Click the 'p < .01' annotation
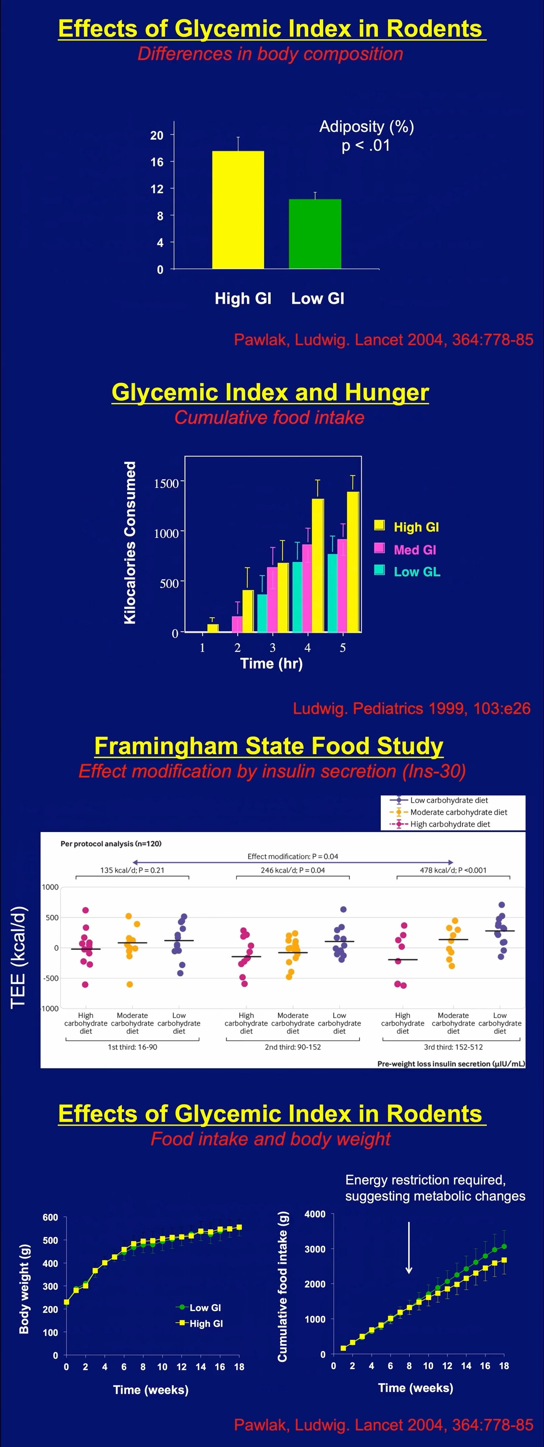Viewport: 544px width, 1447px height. pos(366,145)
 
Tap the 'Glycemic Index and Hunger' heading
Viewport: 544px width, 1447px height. pos(270,392)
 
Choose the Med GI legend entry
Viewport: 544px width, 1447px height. pos(414,549)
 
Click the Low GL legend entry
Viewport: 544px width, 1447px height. pos(416,572)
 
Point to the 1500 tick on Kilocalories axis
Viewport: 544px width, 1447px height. pos(166,483)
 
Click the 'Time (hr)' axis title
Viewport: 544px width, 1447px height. pos(271,664)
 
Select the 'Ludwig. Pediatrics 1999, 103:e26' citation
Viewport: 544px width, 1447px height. pos(411,708)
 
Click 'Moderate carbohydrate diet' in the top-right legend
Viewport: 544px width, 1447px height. pos(458,812)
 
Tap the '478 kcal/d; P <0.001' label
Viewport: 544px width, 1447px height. pos(453,870)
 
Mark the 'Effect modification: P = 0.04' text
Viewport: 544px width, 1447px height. pos(293,856)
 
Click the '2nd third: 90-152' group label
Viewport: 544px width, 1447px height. pos(293,1047)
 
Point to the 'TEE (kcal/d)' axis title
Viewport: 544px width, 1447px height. pos(18,958)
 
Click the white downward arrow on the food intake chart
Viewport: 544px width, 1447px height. pos(409,1247)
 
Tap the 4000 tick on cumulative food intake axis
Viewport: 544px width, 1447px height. pos(315,1215)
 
